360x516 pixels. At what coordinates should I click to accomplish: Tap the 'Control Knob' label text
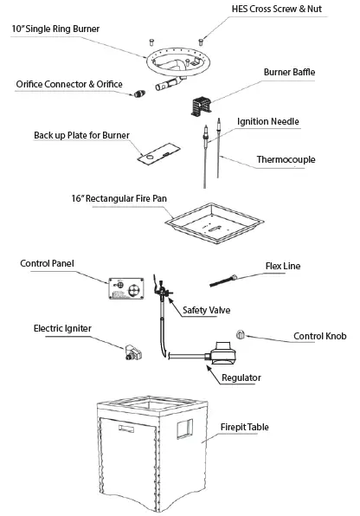click(319, 336)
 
